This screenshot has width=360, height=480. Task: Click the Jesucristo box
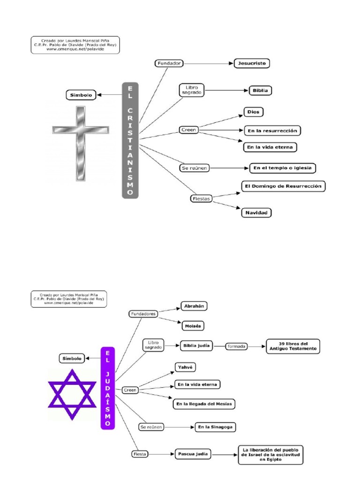click(252, 63)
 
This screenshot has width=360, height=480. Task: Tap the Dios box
click(254, 112)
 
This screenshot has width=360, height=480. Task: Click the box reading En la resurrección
click(272, 130)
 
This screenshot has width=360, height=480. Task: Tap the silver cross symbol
click(80, 144)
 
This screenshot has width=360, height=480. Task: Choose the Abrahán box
click(194, 307)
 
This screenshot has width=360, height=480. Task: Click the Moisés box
click(193, 325)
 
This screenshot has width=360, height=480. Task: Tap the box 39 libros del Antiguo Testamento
click(293, 346)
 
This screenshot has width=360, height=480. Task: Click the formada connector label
click(237, 346)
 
